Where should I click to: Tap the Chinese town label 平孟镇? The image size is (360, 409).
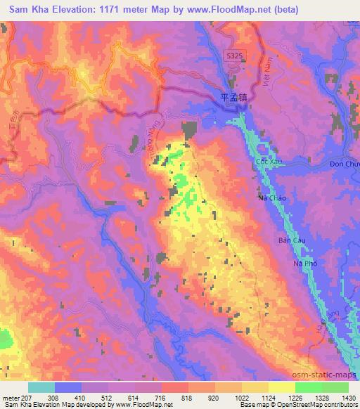click(232, 99)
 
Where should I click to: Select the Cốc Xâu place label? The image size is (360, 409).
click(266, 162)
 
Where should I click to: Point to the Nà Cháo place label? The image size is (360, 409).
click(271, 198)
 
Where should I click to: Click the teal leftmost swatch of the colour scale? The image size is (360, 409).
click(41, 387)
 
